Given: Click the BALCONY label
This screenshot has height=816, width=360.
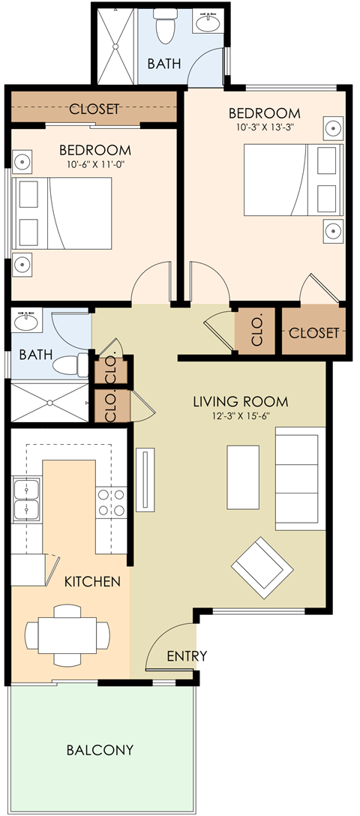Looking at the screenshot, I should coord(100,749).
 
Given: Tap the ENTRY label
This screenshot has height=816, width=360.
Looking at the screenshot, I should coord(187,655).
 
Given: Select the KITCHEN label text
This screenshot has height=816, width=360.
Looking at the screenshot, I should coord(91,580).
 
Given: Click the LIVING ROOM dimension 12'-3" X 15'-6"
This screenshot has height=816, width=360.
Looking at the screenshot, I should coord(240,417).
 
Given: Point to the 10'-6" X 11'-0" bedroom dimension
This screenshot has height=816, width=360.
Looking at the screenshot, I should coord(94,164).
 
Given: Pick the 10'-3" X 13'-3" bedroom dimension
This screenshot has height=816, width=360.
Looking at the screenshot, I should coord(264,127).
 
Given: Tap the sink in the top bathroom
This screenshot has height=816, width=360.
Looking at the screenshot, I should coord(206,25).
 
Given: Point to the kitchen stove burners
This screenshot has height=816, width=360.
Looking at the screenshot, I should coord(111,502).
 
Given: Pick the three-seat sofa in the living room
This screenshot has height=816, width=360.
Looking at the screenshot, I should coord(300,478).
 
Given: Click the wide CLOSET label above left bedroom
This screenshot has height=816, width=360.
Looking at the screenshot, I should coord(94,109).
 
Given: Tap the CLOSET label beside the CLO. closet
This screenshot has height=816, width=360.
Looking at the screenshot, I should coord(314,332).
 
